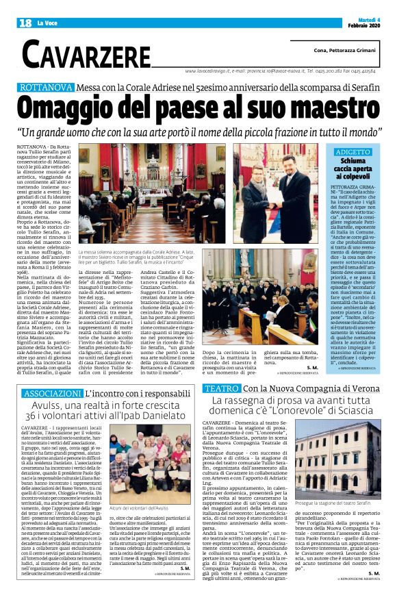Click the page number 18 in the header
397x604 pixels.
point(25,23)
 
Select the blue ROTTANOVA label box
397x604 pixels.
point(47,88)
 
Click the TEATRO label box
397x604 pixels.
point(221,388)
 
